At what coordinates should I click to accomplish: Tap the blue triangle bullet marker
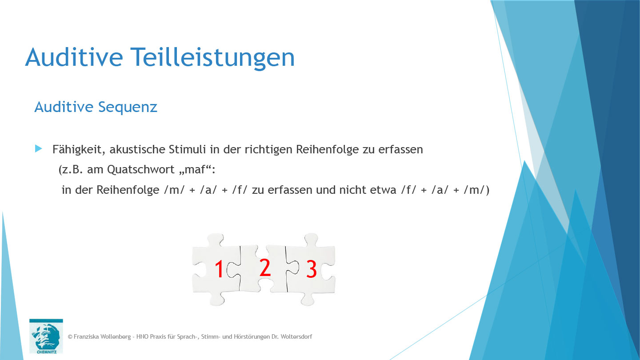38,148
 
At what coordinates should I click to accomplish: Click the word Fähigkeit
78,150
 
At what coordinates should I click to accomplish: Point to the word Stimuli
188,149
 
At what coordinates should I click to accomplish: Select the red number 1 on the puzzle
219,270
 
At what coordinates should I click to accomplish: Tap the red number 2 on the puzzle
265,268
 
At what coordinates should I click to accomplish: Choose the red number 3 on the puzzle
312,270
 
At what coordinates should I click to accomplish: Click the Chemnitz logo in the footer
46,336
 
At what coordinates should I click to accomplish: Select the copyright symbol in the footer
70,337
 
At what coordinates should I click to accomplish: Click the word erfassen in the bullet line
400,149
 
